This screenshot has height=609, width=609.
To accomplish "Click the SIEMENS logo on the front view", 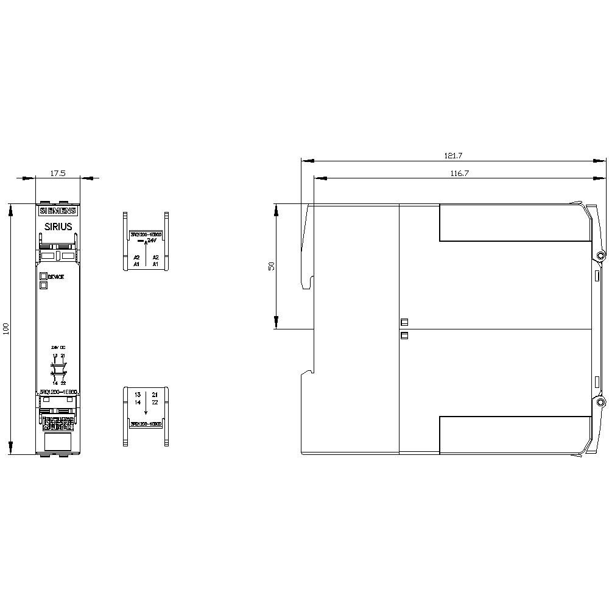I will [58, 211].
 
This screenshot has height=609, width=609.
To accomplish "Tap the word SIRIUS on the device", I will [58, 227].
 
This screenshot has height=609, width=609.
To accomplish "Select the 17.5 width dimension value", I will [58, 174].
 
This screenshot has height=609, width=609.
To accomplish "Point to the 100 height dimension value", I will [7, 329].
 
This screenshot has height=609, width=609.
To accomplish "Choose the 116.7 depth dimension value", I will [459, 174].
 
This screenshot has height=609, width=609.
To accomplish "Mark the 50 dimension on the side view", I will [272, 266].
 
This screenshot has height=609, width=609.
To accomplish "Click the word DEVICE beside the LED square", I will [56, 276].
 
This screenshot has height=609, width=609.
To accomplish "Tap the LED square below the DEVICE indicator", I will [43, 284].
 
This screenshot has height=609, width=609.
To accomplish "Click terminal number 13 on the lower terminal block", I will [137, 395].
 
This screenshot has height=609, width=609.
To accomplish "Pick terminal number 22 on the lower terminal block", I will [155, 403].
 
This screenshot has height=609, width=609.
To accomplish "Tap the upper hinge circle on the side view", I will [600, 256].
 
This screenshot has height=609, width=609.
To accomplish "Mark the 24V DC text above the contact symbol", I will [58, 347].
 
